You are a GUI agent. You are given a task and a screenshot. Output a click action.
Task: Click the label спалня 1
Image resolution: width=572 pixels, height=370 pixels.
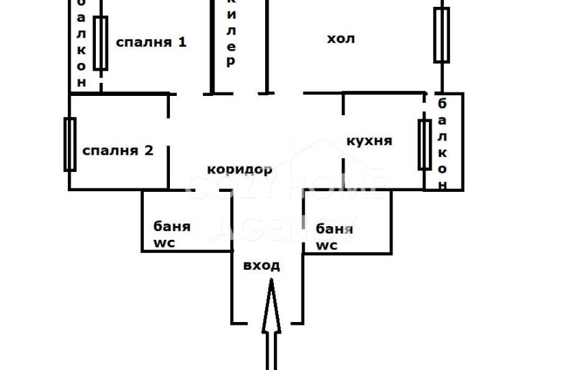[x=151, y=42]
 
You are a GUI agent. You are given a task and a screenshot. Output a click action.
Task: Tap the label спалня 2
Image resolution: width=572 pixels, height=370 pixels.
[x=117, y=150]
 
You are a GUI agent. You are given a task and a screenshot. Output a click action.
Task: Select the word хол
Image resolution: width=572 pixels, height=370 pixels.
[x=340, y=38]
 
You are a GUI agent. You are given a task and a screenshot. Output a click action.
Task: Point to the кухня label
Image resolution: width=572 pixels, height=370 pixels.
[x=370, y=140]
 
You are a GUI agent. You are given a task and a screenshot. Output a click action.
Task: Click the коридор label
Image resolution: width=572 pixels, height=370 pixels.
[x=240, y=169]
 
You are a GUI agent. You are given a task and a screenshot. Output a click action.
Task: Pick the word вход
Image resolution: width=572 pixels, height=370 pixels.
[x=262, y=265]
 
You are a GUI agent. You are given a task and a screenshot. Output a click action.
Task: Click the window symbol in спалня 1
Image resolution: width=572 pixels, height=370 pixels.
[x=101, y=43]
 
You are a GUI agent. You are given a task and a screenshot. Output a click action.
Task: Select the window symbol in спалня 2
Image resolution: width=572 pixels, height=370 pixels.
[x=69, y=144]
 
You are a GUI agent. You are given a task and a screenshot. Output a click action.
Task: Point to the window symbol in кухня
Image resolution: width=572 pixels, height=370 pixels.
[x=425, y=144]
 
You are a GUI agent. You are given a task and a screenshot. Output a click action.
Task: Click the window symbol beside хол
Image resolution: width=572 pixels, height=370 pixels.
[x=441, y=34]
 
